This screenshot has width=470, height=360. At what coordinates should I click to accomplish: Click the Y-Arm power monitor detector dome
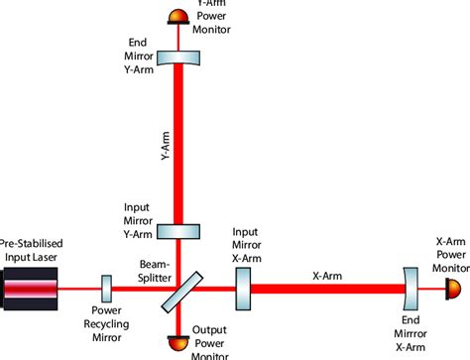point(177,15)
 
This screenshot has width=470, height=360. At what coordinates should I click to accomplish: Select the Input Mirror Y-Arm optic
point(177,231)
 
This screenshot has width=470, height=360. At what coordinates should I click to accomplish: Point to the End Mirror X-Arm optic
point(411,289)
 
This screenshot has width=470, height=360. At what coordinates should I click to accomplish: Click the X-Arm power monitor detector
point(452,289)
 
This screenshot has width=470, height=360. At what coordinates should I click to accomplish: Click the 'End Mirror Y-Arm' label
point(139,56)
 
